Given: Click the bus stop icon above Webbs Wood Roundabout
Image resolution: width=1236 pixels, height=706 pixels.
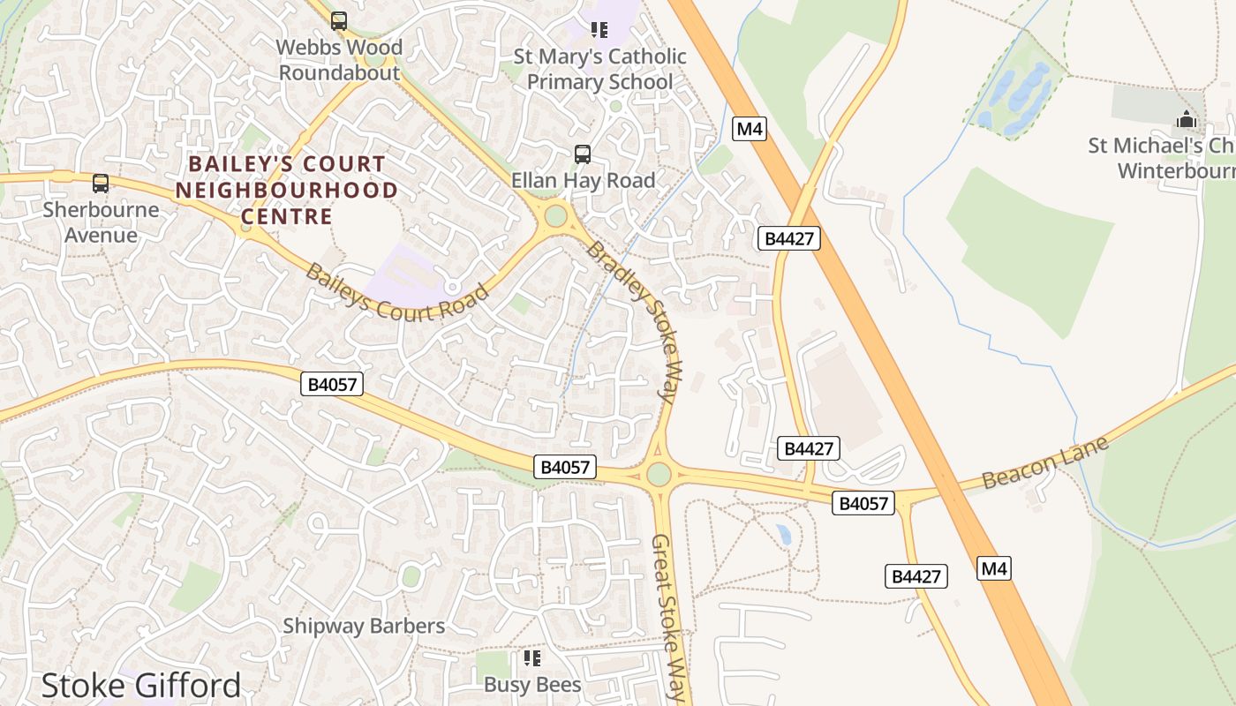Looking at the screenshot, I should point(339,20).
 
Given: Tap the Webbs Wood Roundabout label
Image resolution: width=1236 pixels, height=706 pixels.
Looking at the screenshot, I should point(339,60).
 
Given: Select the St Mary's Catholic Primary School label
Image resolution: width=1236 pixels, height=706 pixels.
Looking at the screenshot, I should point(599,69).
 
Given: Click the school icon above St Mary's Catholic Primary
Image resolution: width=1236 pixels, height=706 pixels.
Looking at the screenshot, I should point(599,30).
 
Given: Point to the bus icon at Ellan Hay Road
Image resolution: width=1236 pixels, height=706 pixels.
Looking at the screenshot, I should point(583,154).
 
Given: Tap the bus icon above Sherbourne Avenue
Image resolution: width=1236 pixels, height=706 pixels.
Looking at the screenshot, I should point(101,184).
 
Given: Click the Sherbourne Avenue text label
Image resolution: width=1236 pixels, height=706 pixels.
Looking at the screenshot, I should point(101,222).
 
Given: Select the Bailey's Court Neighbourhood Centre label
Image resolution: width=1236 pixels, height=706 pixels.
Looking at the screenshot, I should point(286,190).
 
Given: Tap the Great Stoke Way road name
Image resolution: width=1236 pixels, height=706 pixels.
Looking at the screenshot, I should point(668,618).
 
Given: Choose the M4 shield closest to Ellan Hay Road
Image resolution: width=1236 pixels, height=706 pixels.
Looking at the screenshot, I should point(749,129).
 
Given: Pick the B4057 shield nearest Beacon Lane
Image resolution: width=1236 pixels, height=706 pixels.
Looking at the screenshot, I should point(863,503).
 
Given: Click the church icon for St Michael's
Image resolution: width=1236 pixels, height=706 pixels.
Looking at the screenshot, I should point(1186,120).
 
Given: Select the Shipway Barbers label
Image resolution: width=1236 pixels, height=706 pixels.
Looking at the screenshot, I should point(364,626).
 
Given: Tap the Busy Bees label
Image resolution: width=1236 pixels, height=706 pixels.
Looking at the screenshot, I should point(532,685).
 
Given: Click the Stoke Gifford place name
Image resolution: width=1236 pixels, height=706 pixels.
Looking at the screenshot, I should point(141,686).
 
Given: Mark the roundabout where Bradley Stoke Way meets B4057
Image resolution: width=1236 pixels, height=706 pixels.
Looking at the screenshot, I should point(659,474).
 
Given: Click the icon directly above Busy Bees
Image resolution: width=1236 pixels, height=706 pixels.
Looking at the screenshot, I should point(531,658).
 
